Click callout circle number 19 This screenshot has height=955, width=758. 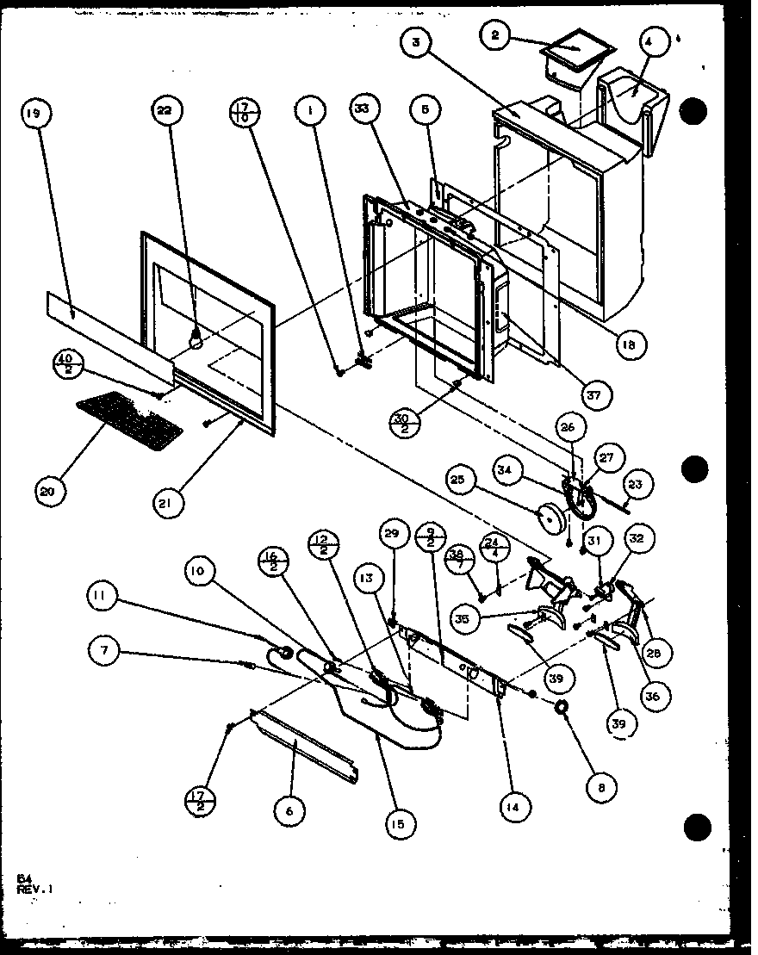(34, 113)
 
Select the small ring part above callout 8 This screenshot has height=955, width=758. (561, 708)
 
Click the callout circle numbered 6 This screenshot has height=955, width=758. (290, 809)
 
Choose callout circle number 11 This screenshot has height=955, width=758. (101, 596)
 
